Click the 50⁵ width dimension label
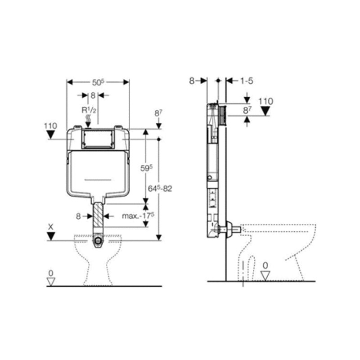pyautogui.click(x=98, y=82)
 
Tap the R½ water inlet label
pyautogui.click(x=89, y=110)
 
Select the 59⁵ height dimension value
pyautogui.click(x=147, y=168)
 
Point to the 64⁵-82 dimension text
pyautogui.click(x=160, y=189)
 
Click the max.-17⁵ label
pyautogui.click(x=138, y=216)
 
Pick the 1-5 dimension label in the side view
pyautogui.click(x=247, y=81)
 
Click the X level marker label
pyautogui.click(x=50, y=227)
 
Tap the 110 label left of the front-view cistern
pyautogui.click(x=50, y=126)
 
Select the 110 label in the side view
pyautogui.click(x=265, y=101)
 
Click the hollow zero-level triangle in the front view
pyautogui.click(x=51, y=282)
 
